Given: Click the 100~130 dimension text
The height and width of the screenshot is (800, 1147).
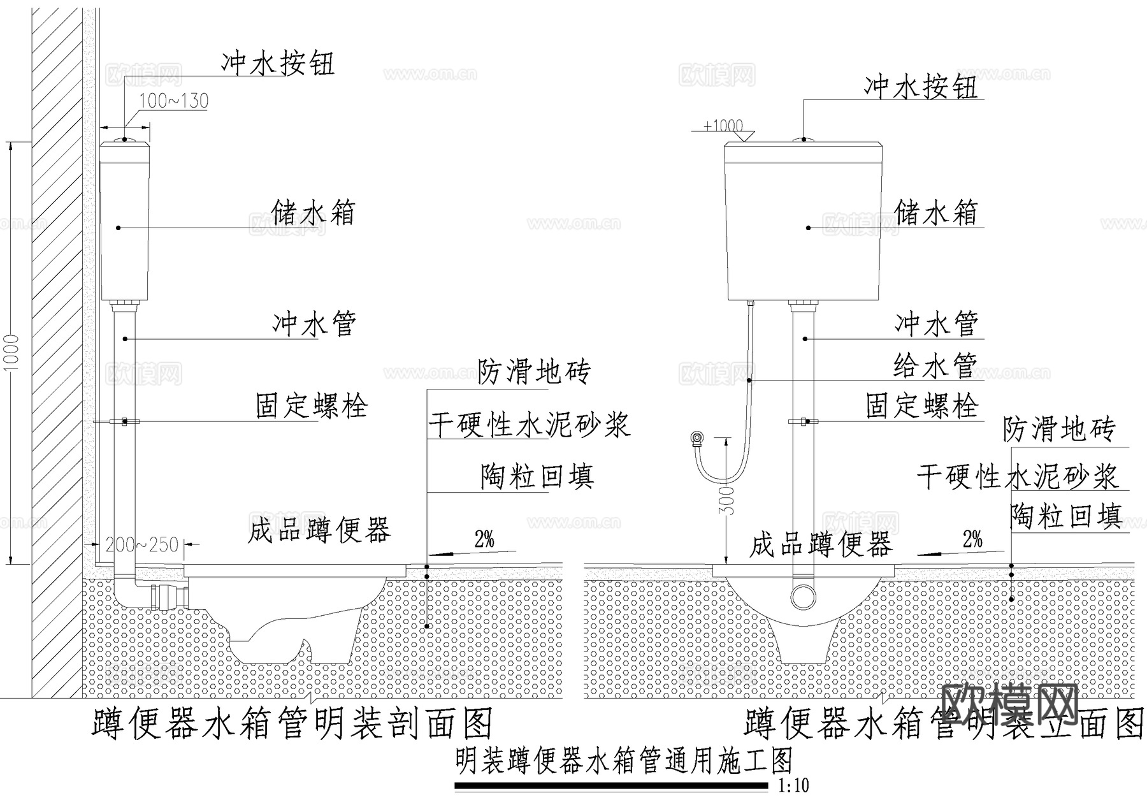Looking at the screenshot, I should point(173,101).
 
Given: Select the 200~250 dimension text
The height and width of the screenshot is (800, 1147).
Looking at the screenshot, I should point(141,545).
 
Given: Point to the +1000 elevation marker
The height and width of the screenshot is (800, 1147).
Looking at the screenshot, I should point(723,126).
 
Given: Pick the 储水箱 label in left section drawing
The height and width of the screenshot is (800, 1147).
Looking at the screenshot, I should point(313,212).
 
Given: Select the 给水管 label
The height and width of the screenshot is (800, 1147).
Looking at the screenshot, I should point(935,365).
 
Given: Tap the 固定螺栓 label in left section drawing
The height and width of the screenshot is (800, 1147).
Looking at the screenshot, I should point(312,405).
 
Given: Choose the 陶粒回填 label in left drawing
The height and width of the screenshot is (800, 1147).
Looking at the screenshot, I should point(537,476).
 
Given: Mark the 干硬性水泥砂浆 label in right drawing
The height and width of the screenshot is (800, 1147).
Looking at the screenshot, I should point(1017,476).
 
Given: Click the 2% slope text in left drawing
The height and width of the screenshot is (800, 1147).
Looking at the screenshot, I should point(484,540).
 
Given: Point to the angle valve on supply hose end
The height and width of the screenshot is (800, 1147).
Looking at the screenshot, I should point(698,438).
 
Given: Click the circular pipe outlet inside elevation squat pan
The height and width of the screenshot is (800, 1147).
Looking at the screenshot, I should point(803,597).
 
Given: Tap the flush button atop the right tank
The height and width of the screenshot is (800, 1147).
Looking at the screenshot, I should point(804,138).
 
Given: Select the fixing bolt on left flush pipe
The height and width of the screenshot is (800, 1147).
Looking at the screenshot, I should point(124,421).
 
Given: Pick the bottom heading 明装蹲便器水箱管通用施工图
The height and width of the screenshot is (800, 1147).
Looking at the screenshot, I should point(624,761).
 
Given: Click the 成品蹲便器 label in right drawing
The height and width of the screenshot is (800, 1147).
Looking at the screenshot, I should point(820,545).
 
